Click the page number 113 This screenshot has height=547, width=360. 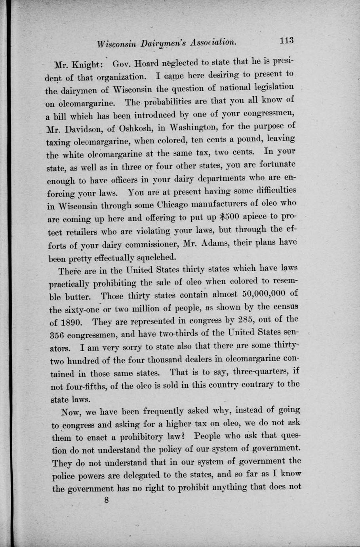click(286, 40)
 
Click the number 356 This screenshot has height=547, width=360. click(59, 335)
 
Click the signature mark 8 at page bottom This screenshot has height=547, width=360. click(106, 500)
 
